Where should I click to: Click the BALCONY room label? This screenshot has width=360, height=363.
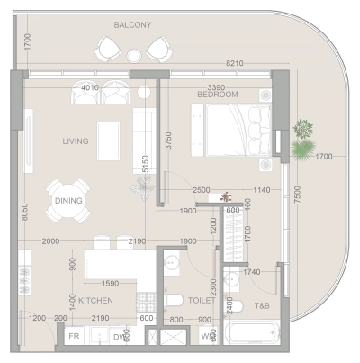tap(132, 24)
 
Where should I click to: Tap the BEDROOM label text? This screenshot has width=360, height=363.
tap(217, 94)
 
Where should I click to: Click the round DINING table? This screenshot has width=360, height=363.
tap(68, 201)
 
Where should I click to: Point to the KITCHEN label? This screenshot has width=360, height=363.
tap(95, 300)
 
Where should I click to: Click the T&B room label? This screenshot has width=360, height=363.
tap(262, 306)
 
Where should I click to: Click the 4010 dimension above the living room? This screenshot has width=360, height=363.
tap(89, 87)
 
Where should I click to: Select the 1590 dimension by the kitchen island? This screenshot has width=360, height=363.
tap(111, 284)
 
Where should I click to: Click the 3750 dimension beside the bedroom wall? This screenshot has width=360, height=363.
tap(166, 141)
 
